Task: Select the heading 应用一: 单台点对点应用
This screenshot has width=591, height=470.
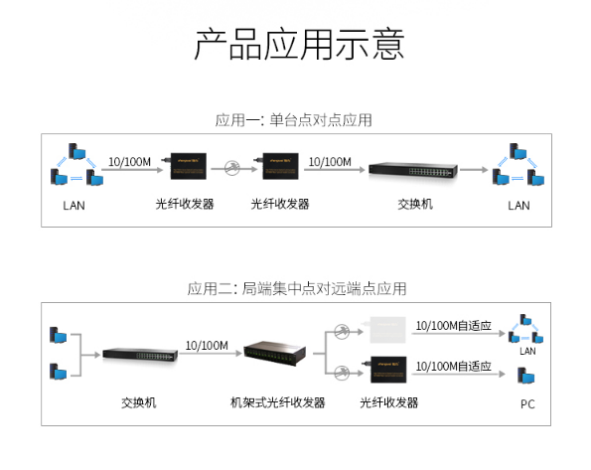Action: pos(294,120)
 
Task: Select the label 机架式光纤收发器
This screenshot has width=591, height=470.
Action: pos(277,402)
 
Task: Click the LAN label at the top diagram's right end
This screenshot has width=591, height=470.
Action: pos(518,206)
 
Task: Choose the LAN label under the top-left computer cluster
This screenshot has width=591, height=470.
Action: pos(74,206)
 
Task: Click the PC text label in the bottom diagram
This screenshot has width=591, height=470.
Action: pos(527,404)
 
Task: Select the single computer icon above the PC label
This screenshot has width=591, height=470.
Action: pos(527,377)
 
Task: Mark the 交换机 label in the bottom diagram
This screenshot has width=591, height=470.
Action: pos(138,402)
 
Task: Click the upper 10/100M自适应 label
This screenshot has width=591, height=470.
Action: pos(453,325)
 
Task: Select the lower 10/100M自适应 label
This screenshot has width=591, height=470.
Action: pos(453,366)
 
